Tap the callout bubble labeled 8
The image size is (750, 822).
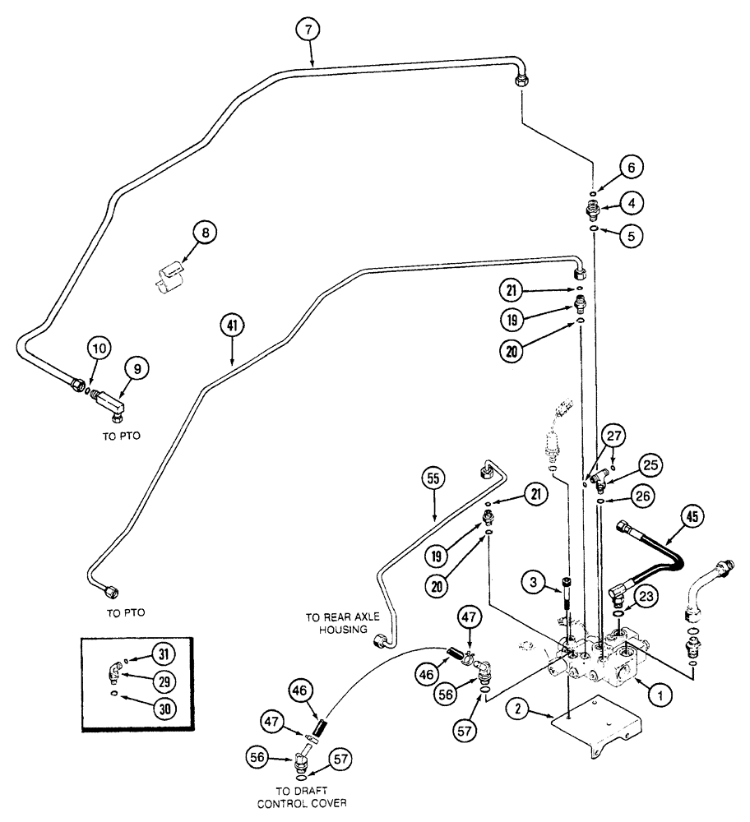click(x=206, y=233)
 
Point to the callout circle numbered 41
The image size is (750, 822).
click(x=232, y=326)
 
